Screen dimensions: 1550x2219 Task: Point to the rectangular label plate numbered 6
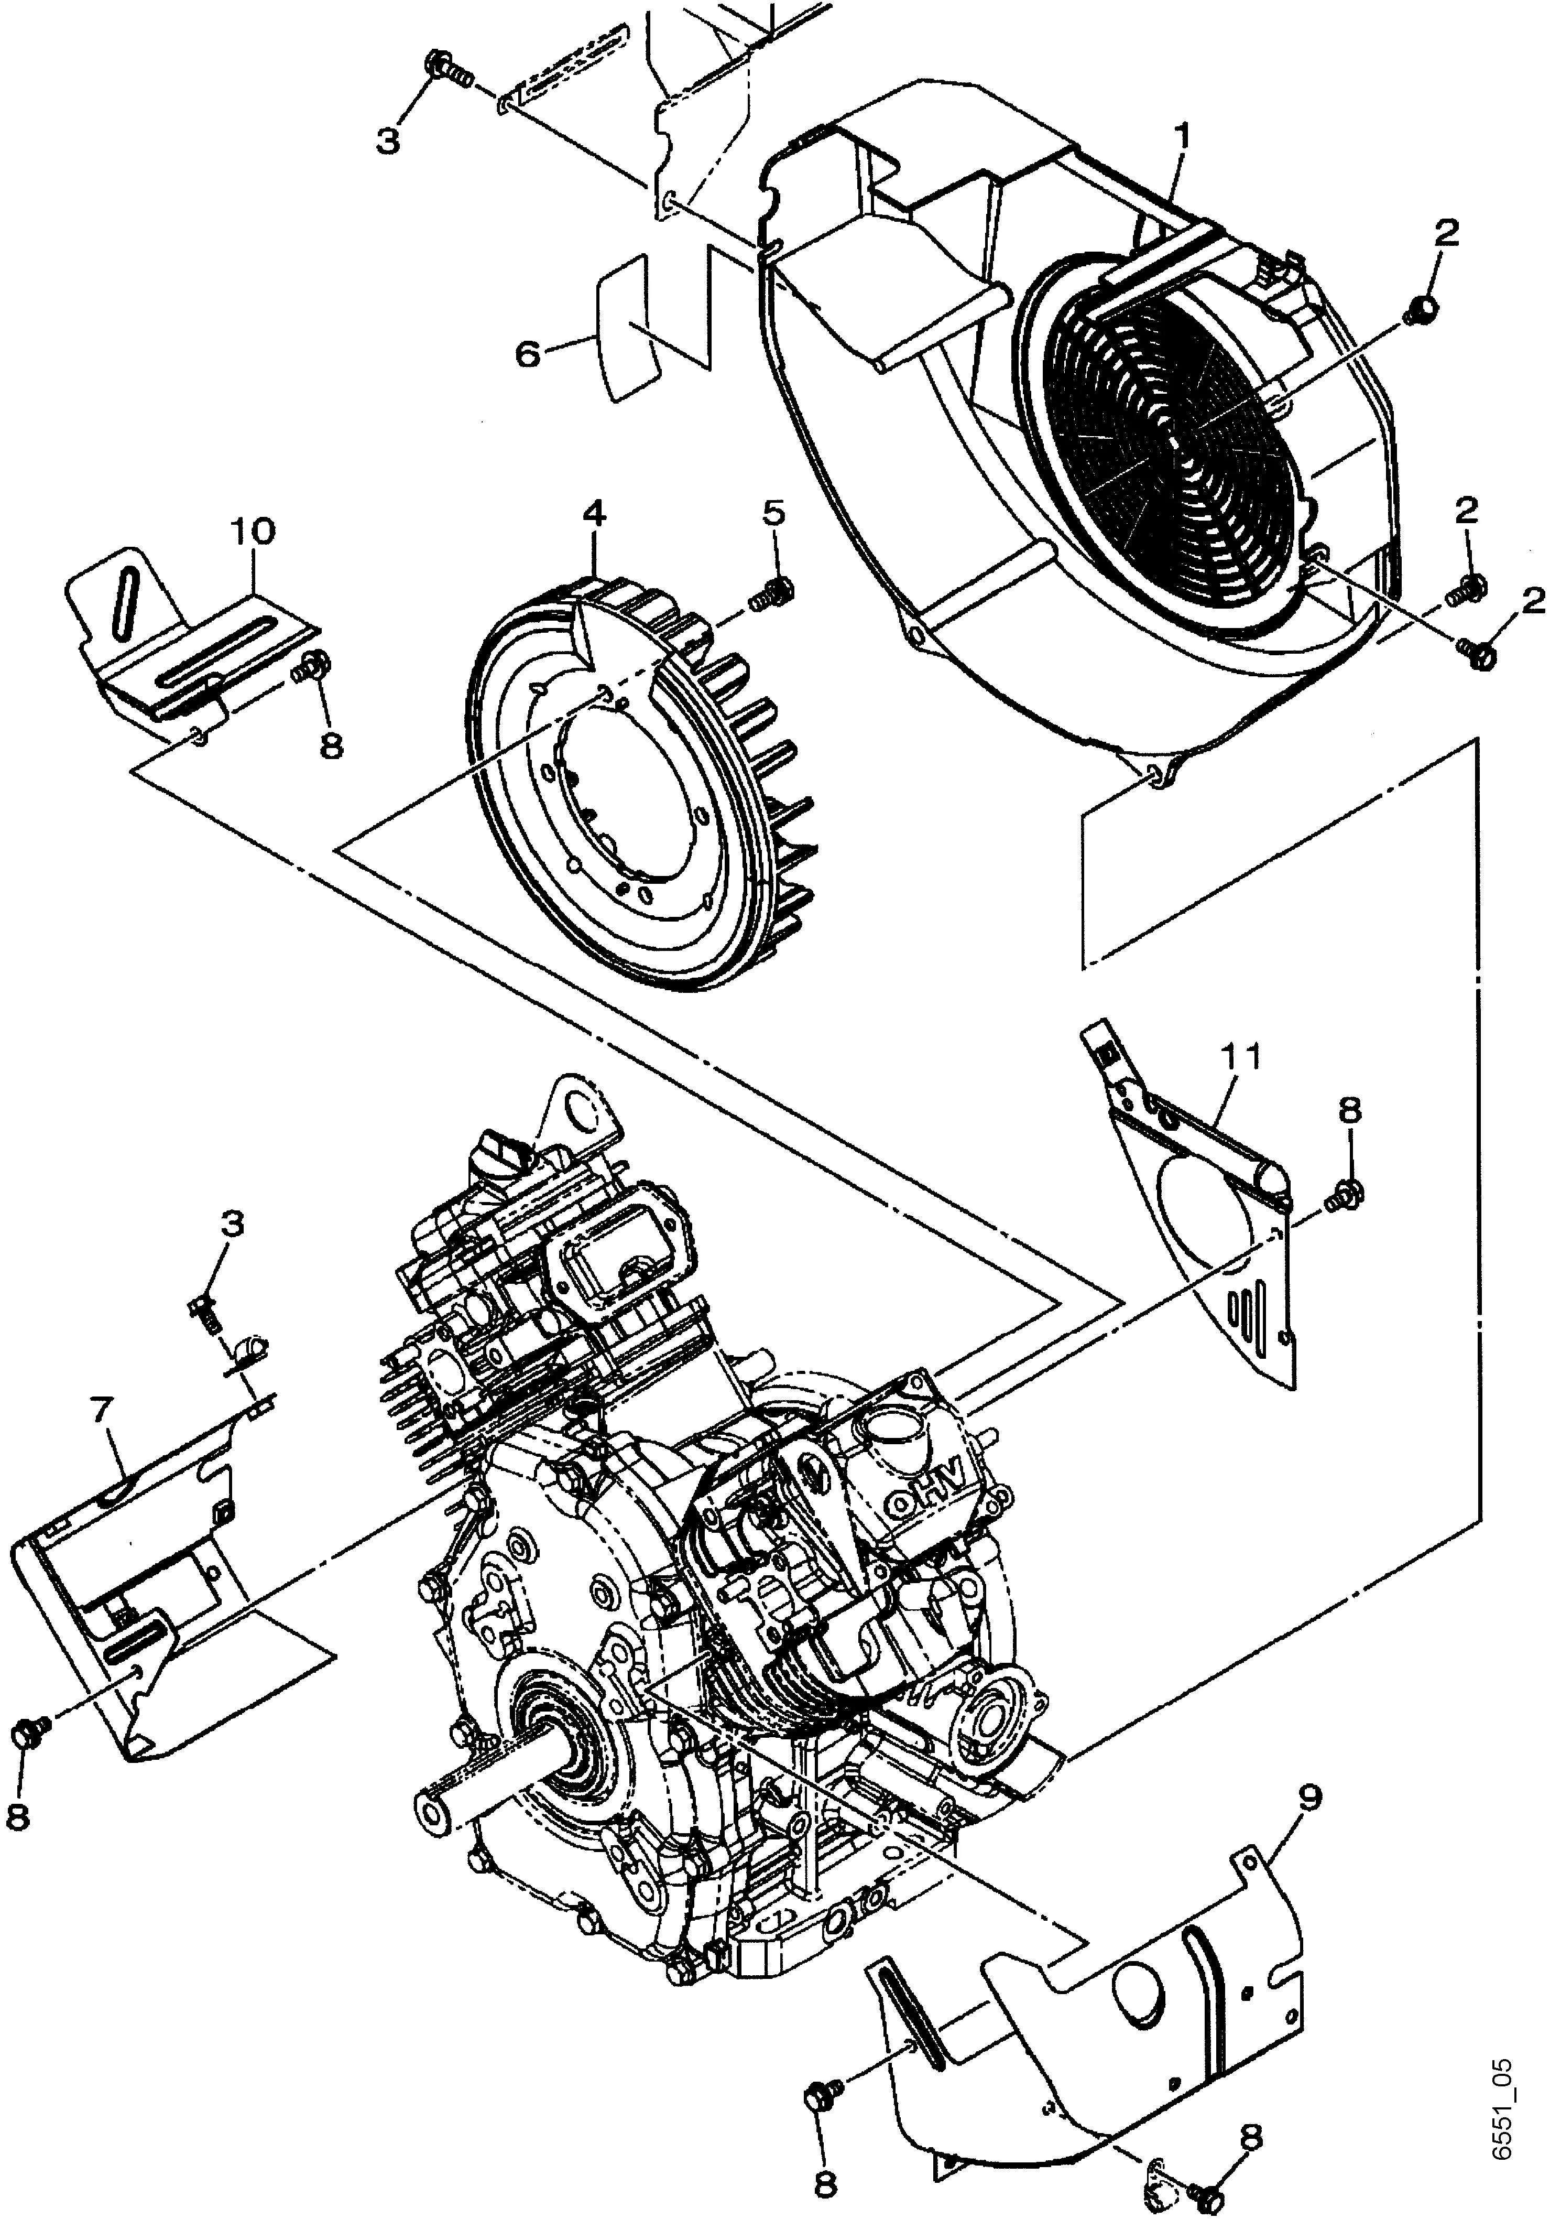coord(630,327)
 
